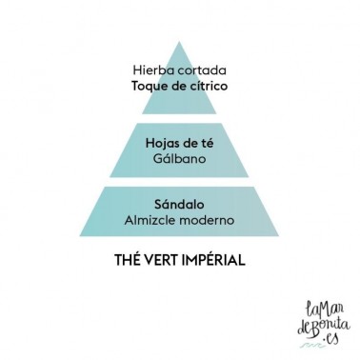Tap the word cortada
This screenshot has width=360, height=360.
[202, 70]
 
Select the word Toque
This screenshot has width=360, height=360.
[148, 87]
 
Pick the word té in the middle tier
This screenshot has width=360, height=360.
[207, 143]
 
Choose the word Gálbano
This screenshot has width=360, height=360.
[180, 158]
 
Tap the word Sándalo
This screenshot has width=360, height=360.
[179, 204]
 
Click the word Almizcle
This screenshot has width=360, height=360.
[150, 220]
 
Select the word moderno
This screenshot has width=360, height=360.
[207, 220]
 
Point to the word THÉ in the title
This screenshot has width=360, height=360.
[126, 260]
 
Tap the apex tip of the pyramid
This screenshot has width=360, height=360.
[179, 42]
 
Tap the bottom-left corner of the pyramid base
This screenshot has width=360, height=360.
[80, 236]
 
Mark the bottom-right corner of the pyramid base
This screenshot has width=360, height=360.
[279, 236]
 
